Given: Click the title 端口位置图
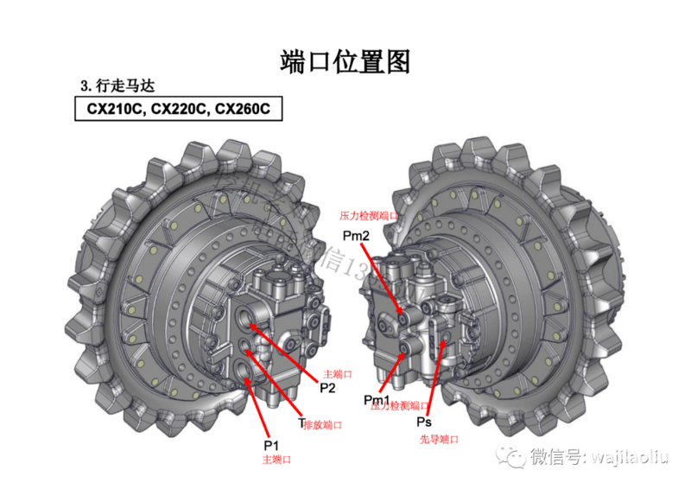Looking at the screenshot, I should click(345, 61).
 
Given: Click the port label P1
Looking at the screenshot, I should click(272, 445).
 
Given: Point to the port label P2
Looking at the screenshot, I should click(327, 388).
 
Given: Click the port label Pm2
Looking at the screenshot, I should click(356, 235).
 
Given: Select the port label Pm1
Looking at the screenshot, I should click(377, 399).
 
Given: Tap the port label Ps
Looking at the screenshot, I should click(424, 422).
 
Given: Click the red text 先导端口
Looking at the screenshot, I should click(439, 439).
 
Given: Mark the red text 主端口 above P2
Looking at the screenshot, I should click(337, 374).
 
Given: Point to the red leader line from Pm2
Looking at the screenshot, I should click(384, 276).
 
